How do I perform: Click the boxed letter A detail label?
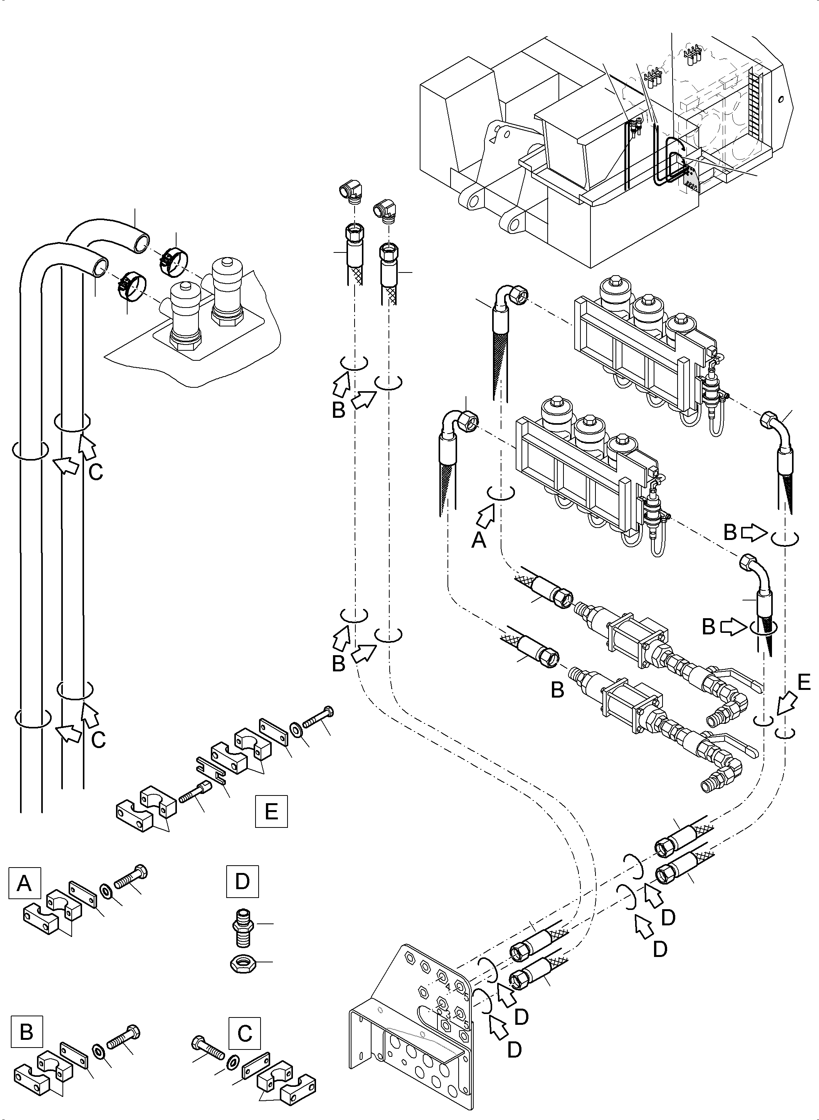pos(24,883)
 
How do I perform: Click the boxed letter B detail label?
pos(26,1032)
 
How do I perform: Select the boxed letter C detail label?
pos(244,1034)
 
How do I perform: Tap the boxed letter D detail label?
pos(242,881)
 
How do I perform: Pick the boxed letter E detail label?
pos(271,812)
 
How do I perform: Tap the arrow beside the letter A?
pos(486,516)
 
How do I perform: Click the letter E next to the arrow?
pos(804,683)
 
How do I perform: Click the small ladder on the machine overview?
pos(755,104)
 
